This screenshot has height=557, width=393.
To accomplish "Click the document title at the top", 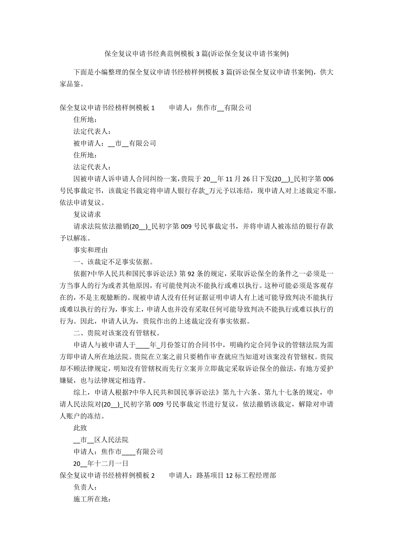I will pos(196,53).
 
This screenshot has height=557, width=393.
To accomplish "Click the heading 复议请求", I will pos(87,215).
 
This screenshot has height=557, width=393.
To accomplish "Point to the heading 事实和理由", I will pos(91,250).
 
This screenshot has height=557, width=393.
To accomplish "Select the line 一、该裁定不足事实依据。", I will pos(114,262).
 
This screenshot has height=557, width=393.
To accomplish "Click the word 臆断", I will pos(143,297).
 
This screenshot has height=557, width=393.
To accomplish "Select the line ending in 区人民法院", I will pos(101,439).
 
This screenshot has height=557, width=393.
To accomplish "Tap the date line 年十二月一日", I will pos(101,463).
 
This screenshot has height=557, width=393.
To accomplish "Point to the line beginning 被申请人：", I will pos(114,143).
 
